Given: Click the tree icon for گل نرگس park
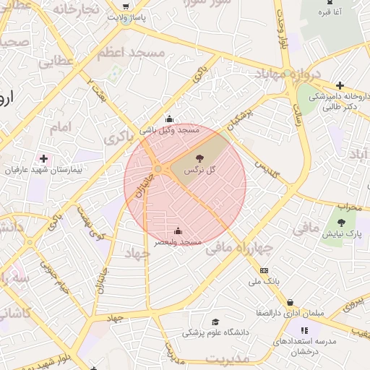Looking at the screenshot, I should (198, 158).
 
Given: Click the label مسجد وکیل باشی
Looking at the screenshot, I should (169, 130).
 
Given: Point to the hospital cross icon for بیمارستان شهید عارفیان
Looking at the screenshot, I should (44, 158).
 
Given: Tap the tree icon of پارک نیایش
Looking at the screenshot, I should (341, 223).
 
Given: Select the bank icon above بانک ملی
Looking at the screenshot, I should (263, 270).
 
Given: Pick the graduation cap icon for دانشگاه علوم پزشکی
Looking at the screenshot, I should (215, 322).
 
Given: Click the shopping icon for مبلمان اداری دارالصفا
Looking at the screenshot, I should (290, 303).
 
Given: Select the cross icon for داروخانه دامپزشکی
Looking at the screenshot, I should (340, 85).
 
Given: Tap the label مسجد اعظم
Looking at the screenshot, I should (122, 53).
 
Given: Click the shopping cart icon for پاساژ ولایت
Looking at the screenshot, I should (126, 7).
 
